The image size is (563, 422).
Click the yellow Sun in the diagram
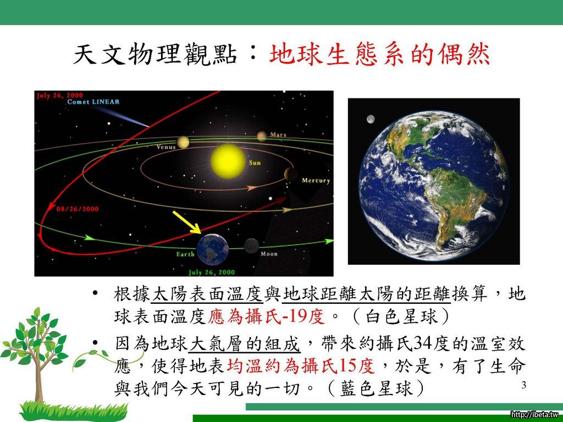228,162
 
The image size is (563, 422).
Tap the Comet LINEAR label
93,102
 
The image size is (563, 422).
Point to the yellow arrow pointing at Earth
187,222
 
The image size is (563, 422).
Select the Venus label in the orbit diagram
166,147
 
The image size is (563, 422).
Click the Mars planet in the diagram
262,136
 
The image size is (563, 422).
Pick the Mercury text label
316,180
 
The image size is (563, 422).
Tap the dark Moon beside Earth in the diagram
251,246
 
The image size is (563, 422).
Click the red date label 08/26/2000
78,209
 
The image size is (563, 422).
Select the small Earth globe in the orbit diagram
213,249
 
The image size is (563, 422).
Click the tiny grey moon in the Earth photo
371,119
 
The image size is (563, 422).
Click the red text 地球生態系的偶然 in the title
380,55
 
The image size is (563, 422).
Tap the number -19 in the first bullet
294,316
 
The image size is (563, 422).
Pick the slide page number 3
524,385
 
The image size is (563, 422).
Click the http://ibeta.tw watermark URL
536,415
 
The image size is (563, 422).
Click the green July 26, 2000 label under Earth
212,273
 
